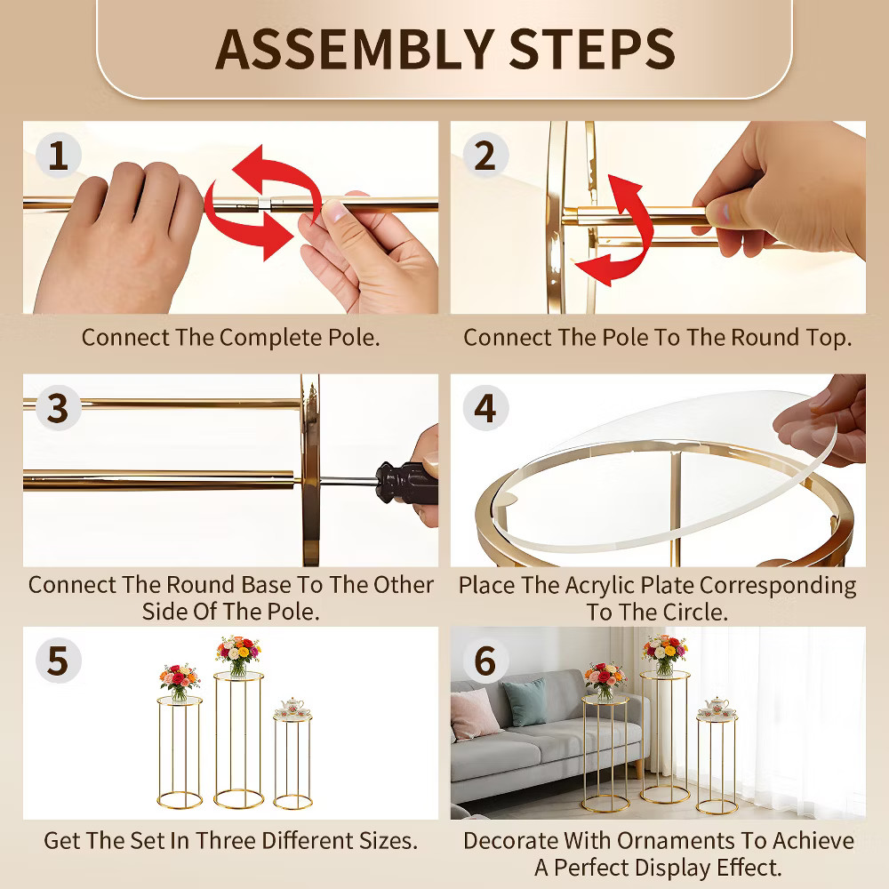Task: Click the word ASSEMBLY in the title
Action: [355, 49]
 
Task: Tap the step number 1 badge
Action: [59, 156]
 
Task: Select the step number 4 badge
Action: [485, 408]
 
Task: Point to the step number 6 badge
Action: [485, 661]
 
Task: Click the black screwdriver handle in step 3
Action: [406, 483]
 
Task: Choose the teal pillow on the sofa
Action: [525, 702]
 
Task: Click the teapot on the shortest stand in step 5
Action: [292, 707]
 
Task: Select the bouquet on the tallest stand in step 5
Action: [238, 655]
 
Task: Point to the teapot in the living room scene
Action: [717, 707]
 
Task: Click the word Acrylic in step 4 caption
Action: [604, 585]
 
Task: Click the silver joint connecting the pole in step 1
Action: [264, 204]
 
